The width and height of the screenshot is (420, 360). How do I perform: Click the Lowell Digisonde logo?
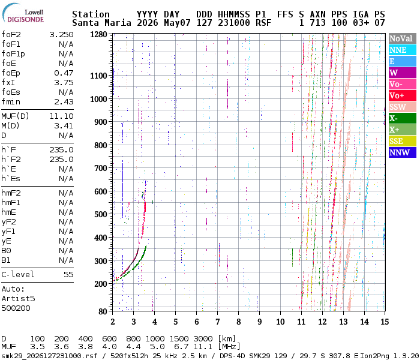(x=23, y=13)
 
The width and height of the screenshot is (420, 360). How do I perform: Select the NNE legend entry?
(x=403, y=50)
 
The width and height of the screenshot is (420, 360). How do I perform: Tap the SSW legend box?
(x=403, y=107)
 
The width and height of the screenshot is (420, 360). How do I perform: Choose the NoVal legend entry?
(x=403, y=38)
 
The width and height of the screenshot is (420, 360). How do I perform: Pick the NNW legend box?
(x=403, y=152)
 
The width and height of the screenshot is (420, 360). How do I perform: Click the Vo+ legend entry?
(x=403, y=95)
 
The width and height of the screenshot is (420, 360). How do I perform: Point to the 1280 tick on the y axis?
(x=98, y=34)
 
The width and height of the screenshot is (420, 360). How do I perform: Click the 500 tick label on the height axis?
(x=101, y=215)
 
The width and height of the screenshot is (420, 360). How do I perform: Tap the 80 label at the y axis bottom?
(x=103, y=311)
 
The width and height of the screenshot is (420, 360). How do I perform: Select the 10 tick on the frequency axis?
(x=280, y=322)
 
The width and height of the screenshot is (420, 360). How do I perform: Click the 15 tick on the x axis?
(x=385, y=322)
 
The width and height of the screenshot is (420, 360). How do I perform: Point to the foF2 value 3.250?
(x=61, y=35)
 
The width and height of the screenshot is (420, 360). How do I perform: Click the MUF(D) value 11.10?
(x=61, y=116)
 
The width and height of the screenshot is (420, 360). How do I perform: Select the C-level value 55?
(x=68, y=275)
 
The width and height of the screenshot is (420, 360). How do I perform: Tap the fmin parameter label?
(x=11, y=102)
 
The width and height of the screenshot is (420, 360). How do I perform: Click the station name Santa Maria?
(x=101, y=23)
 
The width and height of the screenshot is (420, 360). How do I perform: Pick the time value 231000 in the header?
(x=234, y=23)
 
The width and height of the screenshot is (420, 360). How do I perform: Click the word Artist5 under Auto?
(x=18, y=298)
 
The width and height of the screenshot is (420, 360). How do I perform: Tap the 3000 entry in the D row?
(x=203, y=338)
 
